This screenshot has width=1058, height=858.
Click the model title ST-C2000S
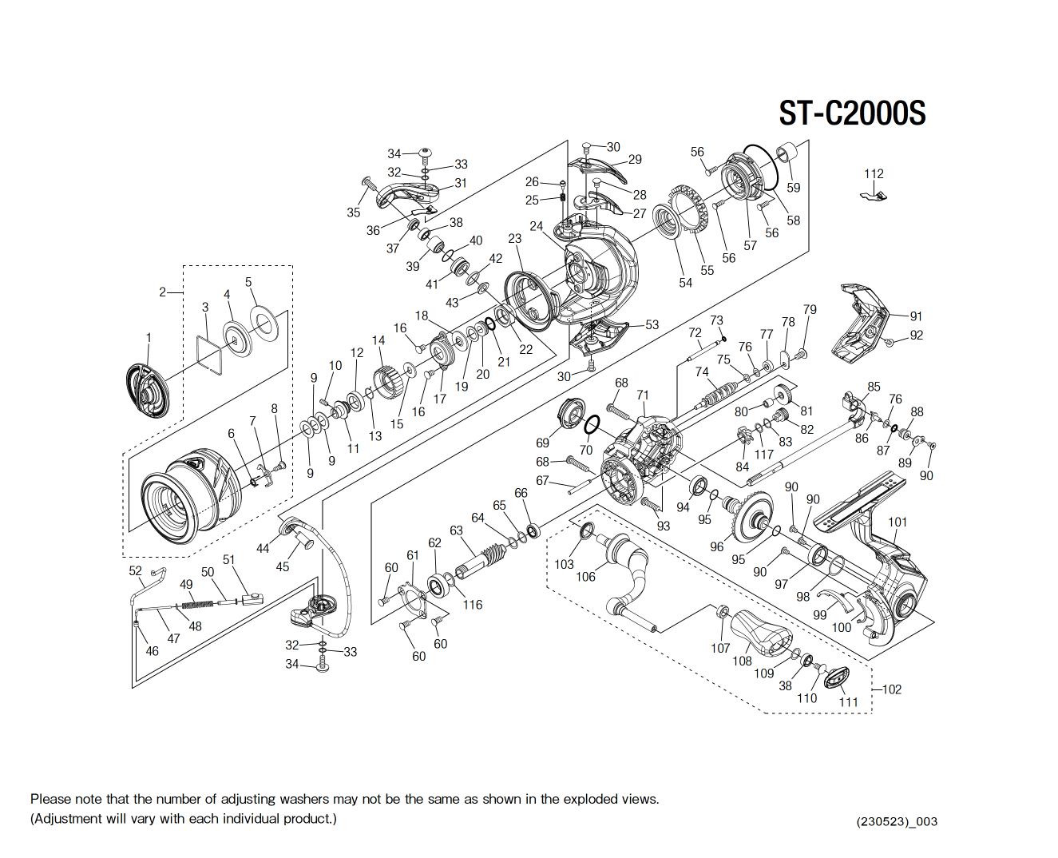click(852, 113)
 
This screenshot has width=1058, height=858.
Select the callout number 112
click(874, 173)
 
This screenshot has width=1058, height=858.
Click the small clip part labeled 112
click(875, 195)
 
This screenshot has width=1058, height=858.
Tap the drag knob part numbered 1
click(148, 389)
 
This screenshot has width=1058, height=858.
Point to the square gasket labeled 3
click(209, 354)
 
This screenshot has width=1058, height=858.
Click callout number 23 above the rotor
click(514, 239)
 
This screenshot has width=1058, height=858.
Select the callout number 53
click(652, 324)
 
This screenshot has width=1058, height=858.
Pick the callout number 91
click(916, 316)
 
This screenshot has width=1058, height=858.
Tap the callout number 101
click(898, 522)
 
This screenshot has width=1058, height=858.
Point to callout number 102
click(892, 689)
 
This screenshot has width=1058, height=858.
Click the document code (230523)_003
click(897, 821)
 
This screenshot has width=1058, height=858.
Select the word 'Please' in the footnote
click(50, 799)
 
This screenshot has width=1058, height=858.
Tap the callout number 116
click(473, 605)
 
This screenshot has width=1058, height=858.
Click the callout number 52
click(135, 570)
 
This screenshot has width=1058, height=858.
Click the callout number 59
click(793, 188)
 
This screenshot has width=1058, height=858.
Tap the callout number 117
click(764, 454)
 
